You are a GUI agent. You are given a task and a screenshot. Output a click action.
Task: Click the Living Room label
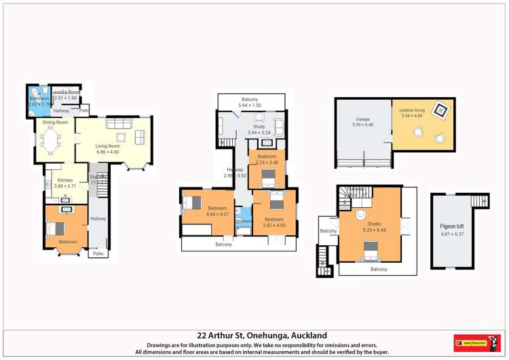coord(107,145)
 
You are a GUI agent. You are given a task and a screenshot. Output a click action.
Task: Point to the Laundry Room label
coord(67,92)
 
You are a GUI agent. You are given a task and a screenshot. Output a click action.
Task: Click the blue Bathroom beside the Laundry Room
coord(38,101)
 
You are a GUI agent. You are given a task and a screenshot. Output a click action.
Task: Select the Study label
coord(259,126)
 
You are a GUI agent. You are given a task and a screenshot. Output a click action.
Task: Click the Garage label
coord(362,120)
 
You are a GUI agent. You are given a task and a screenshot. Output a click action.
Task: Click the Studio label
coord(374,223)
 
